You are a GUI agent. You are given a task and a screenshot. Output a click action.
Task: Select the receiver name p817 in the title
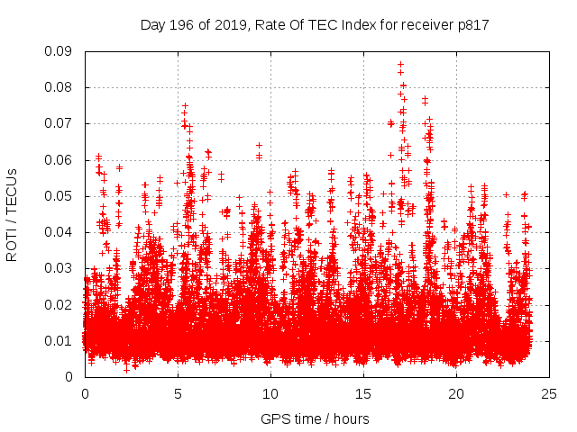[471, 25]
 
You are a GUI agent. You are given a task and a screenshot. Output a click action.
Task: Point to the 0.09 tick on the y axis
[60, 51]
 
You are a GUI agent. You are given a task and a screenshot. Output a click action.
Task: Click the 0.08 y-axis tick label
[60, 87]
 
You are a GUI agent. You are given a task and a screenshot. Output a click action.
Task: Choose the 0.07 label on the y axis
[60, 123]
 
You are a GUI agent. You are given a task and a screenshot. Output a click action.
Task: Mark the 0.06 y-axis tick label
[60, 160]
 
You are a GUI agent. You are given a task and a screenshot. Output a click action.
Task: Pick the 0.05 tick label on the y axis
[60, 196]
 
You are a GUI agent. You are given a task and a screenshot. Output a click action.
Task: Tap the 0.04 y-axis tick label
[60, 232]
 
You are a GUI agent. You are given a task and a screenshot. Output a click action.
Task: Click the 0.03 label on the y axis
[60, 268]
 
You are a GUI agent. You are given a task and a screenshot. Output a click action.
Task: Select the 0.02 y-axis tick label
[60, 304]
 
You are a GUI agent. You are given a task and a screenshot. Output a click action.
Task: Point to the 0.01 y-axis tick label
[60, 340]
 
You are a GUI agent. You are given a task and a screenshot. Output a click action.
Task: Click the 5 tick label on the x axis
[178, 393]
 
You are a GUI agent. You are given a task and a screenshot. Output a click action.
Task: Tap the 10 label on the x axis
[270, 393]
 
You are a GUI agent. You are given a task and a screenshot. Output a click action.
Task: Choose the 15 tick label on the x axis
[363, 393]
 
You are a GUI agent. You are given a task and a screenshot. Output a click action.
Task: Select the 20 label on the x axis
[456, 393]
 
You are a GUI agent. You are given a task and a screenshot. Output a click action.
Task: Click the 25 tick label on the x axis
[549, 393]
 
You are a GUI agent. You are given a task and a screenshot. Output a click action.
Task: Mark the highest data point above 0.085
[400, 65]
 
